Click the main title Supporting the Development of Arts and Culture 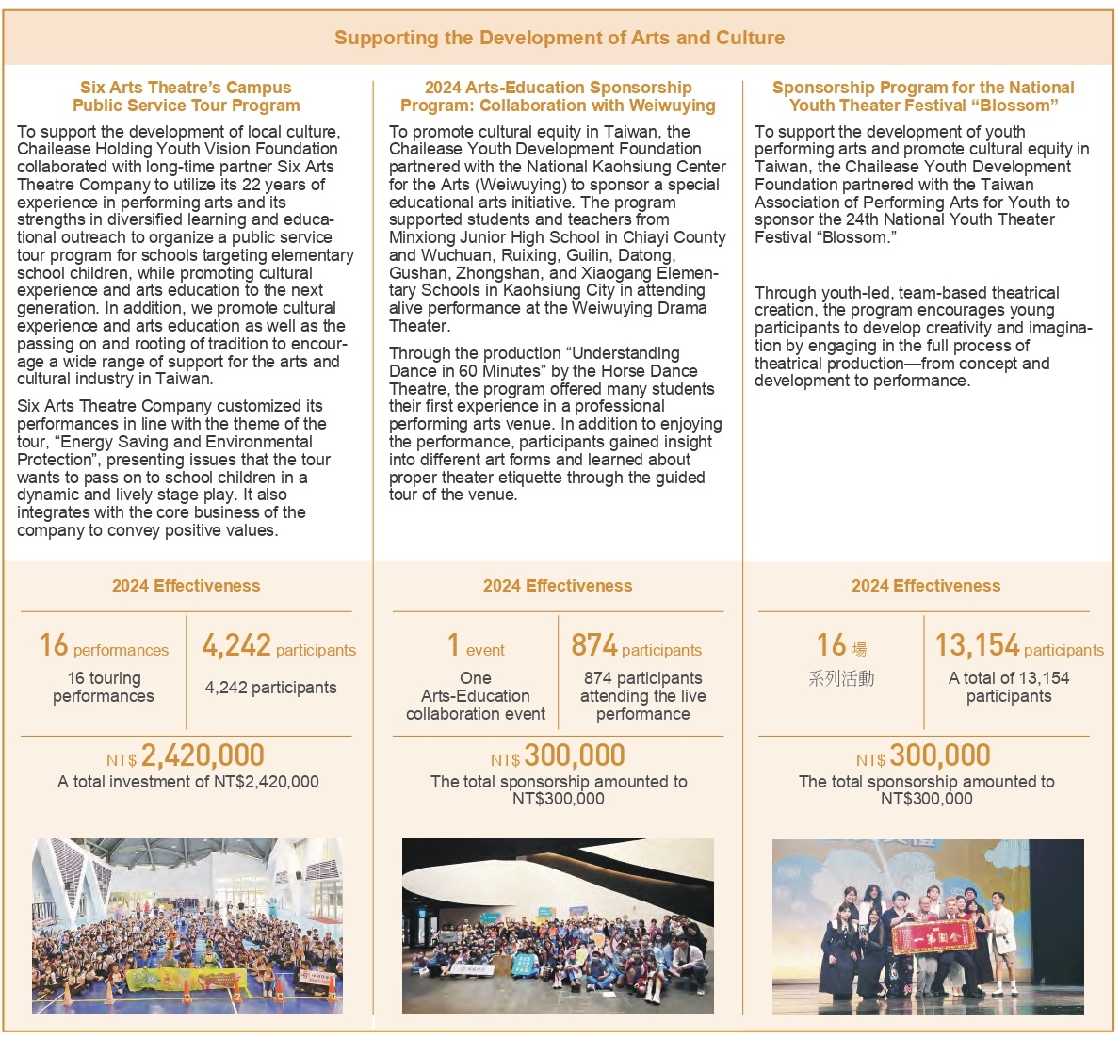pyautogui.click(x=559, y=39)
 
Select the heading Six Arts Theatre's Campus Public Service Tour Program pyautogui.click(x=186, y=96)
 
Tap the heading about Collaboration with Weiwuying pyautogui.click(x=558, y=96)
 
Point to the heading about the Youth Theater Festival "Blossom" pyautogui.click(x=923, y=96)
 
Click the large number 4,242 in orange pyautogui.click(x=236, y=645)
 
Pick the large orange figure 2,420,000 pyautogui.click(x=203, y=755)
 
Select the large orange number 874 pyautogui.click(x=594, y=645)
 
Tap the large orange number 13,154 pyautogui.click(x=977, y=645)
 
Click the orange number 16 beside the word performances pyautogui.click(x=54, y=645)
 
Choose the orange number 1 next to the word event pyautogui.click(x=453, y=645)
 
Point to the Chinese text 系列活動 pyautogui.click(x=841, y=678)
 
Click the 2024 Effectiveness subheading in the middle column pyautogui.click(x=558, y=586)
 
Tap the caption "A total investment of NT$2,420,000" pyautogui.click(x=188, y=782)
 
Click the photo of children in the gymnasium pyautogui.click(x=187, y=926)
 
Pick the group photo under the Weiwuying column pyautogui.click(x=558, y=926)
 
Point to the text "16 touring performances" pyautogui.click(x=104, y=687)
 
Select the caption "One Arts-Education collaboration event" pyautogui.click(x=476, y=696)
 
